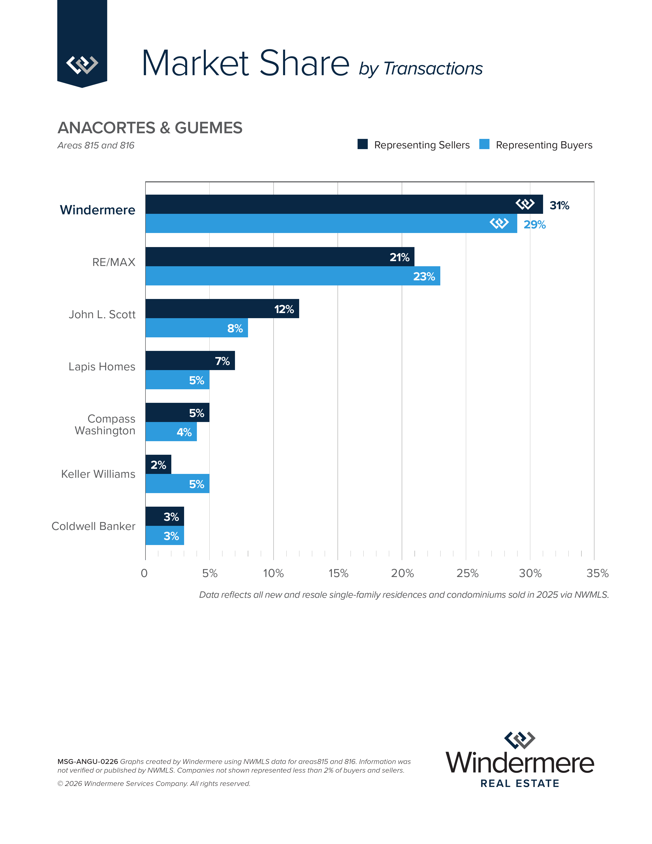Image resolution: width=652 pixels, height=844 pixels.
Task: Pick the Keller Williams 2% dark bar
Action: pyautogui.click(x=158, y=464)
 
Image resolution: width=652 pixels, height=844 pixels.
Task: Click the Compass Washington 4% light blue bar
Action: pyautogui.click(x=171, y=432)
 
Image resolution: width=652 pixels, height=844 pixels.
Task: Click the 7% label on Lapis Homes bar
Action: pyautogui.click(x=222, y=361)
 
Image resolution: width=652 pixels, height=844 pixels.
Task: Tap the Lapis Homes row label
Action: pyautogui.click(x=102, y=366)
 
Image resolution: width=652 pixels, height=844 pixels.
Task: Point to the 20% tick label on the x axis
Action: pyautogui.click(x=402, y=573)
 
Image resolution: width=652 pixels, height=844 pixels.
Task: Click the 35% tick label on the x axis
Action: pyautogui.click(x=597, y=573)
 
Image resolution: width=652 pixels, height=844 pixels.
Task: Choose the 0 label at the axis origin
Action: pyautogui.click(x=144, y=573)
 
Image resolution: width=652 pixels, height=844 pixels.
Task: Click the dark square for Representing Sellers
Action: pyautogui.click(x=362, y=144)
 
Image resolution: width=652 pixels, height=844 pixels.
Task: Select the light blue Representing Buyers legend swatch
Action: pyautogui.click(x=484, y=144)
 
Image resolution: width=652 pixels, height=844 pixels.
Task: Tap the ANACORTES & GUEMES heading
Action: pyautogui.click(x=150, y=128)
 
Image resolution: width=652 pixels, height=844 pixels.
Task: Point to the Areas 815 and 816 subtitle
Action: pyautogui.click(x=96, y=145)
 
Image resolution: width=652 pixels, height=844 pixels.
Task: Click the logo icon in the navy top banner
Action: pyautogui.click(x=82, y=64)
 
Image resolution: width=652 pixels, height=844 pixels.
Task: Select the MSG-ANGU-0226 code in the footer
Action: pyautogui.click(x=88, y=761)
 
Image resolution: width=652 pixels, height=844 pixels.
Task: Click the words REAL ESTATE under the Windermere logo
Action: pyautogui.click(x=520, y=783)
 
